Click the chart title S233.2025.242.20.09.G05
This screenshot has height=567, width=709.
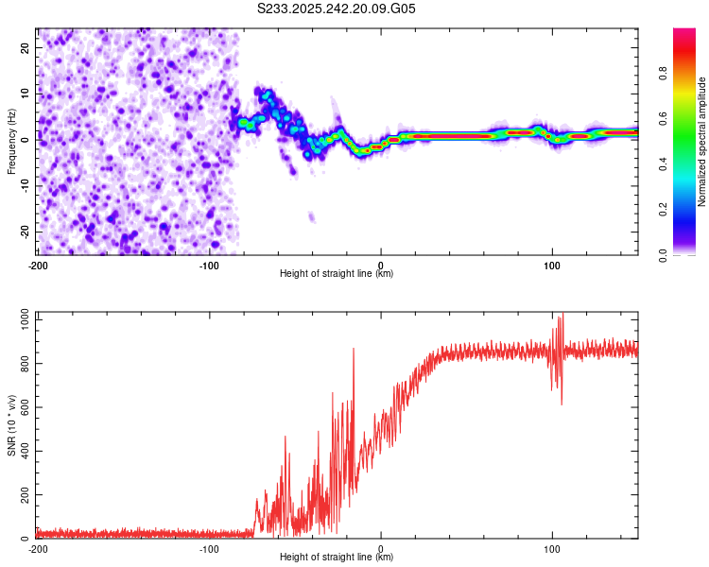coord(337,9)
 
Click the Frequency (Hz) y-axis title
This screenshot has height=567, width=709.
coord(11,142)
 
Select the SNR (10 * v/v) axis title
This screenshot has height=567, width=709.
coord(11,427)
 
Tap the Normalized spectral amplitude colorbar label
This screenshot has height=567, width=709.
coord(702,142)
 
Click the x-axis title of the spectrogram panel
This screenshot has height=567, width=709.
coord(337,273)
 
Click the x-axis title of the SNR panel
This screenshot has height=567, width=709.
coord(337,558)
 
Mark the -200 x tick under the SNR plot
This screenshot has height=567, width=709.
coord(38,548)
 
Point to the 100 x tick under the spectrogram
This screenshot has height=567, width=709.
coord(552,265)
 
